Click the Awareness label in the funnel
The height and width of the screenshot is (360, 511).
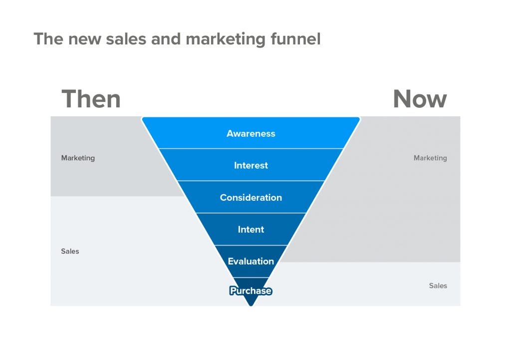[x=251, y=133]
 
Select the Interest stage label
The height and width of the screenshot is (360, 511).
[x=251, y=165]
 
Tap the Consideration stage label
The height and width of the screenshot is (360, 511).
[x=251, y=197]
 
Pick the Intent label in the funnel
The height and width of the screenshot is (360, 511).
[x=251, y=229]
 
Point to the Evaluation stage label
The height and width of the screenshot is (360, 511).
[x=251, y=261]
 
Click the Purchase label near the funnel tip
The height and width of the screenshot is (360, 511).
[x=251, y=291]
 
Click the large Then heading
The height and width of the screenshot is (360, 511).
[x=91, y=99]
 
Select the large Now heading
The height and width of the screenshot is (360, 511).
[x=420, y=99]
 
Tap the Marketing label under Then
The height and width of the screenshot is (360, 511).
[x=78, y=158]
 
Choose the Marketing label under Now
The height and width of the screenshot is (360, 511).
[x=430, y=158]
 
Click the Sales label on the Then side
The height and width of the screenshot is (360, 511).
[x=70, y=251]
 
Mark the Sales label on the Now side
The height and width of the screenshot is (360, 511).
[x=438, y=286]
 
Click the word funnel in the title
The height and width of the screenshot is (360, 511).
[x=295, y=39]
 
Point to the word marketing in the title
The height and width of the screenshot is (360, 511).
[x=226, y=39]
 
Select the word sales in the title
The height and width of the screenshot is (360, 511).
[x=126, y=39]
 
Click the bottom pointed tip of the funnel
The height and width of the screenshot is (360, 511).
[x=251, y=306]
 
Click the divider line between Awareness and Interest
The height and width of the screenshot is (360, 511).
[x=251, y=149]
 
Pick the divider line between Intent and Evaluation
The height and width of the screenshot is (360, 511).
[x=251, y=245]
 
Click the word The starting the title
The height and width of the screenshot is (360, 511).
[x=48, y=39]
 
